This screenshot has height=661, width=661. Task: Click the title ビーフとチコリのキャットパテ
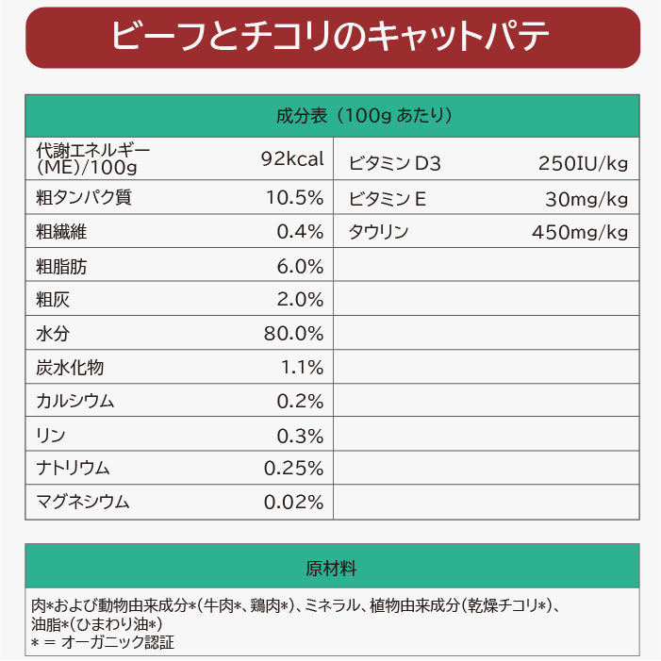(x=330, y=38)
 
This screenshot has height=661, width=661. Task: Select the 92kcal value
(x=292, y=158)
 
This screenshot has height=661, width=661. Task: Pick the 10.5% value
(x=294, y=198)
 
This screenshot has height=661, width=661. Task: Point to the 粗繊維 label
(x=61, y=232)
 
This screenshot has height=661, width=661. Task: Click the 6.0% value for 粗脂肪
(x=300, y=266)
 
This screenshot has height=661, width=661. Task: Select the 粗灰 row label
(x=53, y=300)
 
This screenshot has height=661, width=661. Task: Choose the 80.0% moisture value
(x=294, y=334)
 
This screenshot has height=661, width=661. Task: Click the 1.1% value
(x=302, y=367)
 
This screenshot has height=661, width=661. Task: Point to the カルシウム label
(x=75, y=401)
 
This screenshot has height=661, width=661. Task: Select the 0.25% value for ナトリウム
(x=294, y=468)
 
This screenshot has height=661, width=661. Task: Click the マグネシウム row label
(x=83, y=502)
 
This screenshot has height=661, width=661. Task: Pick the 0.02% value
(x=294, y=502)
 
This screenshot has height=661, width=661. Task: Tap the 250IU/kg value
(x=583, y=163)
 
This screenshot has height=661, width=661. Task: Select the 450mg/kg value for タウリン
(x=580, y=232)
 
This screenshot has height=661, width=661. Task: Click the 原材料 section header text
(x=331, y=569)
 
